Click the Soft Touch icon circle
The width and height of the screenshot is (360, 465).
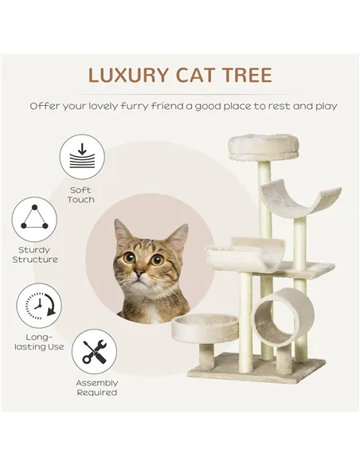81,157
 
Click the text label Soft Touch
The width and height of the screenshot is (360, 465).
81,194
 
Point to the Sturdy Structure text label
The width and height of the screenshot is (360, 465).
35,255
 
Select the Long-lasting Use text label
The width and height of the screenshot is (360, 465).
37,342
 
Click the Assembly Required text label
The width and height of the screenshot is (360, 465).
96,388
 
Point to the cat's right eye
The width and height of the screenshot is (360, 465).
157,260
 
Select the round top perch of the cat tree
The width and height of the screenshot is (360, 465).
263,146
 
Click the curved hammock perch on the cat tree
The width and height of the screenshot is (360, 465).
299,198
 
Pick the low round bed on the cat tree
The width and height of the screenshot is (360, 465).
205,326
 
